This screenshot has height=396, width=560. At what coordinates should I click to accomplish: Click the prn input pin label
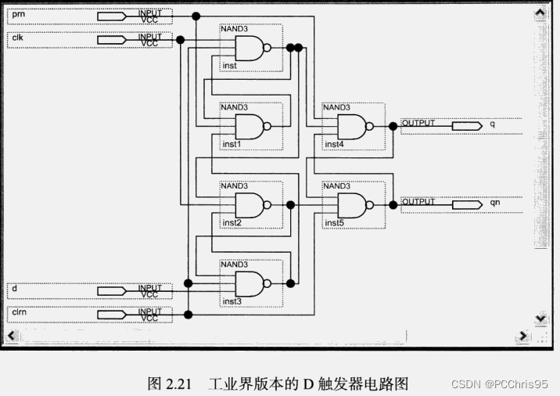pos(19,14)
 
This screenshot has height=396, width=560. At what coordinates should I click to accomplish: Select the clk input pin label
pos(18,38)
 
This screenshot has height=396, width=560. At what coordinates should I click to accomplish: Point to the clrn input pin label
pos(20,312)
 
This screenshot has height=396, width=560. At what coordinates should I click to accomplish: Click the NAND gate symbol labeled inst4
pos(353,125)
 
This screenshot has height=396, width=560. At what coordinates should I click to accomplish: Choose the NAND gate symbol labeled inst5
pos(353,204)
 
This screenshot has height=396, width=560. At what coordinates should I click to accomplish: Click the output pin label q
pos(492,124)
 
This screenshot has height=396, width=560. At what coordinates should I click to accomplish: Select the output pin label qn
pos(494,203)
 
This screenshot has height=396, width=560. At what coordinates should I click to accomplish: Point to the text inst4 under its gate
pos(335,144)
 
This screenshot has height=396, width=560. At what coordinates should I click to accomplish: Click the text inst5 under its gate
pos(335,223)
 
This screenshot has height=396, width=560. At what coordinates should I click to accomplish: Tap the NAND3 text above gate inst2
pos(234,186)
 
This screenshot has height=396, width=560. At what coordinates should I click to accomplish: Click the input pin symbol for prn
pos(111,16)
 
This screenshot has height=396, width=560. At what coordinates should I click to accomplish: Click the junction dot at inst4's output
pos(393,125)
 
